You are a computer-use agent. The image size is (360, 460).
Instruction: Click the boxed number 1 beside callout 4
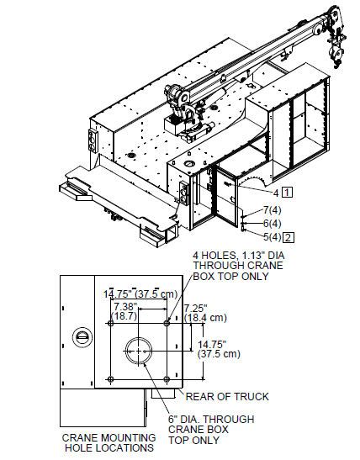[287, 193]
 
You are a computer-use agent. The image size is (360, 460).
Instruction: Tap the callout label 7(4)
[271, 209]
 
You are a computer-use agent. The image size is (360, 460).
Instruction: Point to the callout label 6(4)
[271, 223]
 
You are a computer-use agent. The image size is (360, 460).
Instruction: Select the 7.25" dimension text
[196, 308]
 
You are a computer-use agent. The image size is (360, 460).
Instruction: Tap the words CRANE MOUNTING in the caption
[97, 437]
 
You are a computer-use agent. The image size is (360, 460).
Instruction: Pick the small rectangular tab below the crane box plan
[167, 393]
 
